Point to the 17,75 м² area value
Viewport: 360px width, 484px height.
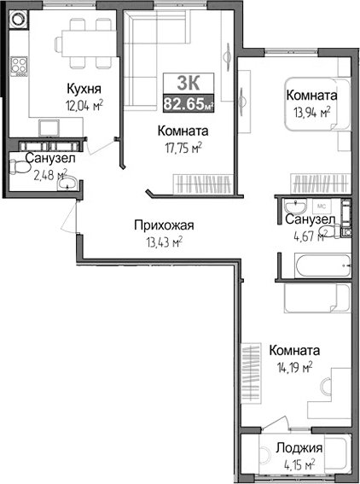coord(183,148)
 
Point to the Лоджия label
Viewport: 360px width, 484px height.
coord(299,448)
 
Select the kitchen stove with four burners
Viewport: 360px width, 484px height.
coord(19,66)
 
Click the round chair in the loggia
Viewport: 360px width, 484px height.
coord(258,452)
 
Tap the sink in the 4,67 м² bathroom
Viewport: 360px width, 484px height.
coord(295,209)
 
